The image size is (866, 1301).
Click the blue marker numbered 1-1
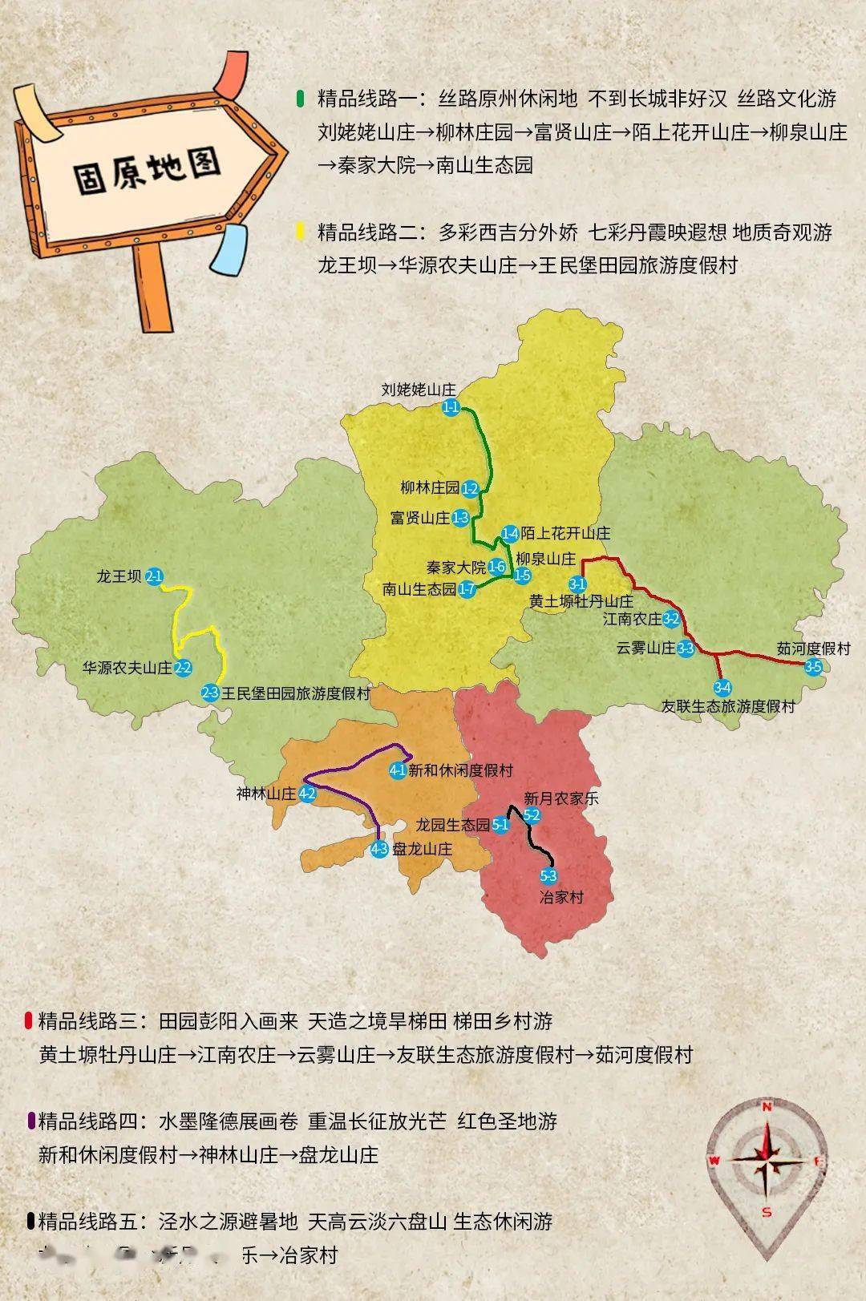point(451,408)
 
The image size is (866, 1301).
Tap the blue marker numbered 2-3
point(210,693)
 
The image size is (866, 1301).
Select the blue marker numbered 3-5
point(813,667)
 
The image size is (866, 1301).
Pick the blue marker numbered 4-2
point(307,794)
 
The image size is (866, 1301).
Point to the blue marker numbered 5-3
point(548,877)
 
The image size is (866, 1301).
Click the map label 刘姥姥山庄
point(419,390)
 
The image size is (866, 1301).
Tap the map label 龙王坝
point(119,576)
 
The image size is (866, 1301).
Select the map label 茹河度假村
point(813,648)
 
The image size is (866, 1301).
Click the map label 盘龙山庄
point(422,850)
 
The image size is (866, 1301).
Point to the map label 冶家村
point(561,897)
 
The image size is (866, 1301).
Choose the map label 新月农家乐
point(561,798)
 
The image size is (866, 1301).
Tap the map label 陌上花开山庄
point(565,533)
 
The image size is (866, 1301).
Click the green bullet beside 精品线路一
point(300,99)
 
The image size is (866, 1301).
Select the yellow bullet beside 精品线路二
point(300,232)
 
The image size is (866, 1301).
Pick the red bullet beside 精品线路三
point(29,1020)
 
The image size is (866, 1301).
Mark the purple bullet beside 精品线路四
point(30,1121)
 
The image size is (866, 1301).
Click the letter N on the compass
point(767,1107)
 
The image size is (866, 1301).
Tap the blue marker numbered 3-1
point(577,584)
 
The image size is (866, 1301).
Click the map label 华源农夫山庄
point(127,668)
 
